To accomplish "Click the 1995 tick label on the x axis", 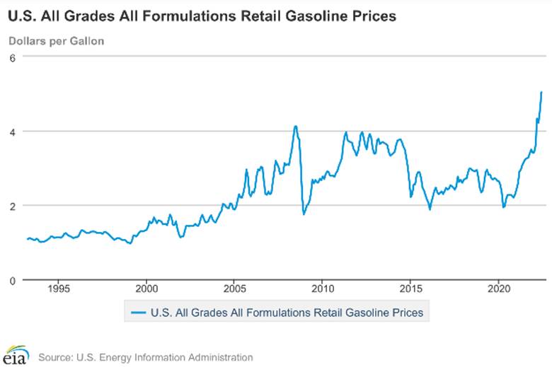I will (x=58, y=289).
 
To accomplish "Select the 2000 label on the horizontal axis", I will (x=146, y=289).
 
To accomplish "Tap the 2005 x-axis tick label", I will (x=235, y=289).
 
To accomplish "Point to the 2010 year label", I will (x=323, y=289).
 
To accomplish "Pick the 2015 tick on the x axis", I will (x=411, y=289).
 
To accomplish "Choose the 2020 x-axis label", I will (x=500, y=289).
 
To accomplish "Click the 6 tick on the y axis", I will (x=12, y=57).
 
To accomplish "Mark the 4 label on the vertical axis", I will (x=12, y=132).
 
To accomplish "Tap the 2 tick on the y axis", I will (x=12, y=206).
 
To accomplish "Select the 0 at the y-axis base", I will (x=12, y=280).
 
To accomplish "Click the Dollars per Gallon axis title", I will (x=57, y=40).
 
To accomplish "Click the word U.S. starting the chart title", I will (x=23, y=15).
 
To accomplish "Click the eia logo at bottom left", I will (x=16, y=356).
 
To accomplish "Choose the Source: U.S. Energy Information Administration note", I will (x=145, y=357).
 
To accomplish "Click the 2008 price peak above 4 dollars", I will (x=295, y=127).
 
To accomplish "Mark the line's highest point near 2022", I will (x=541, y=92).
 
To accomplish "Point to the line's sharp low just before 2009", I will (x=304, y=214).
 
